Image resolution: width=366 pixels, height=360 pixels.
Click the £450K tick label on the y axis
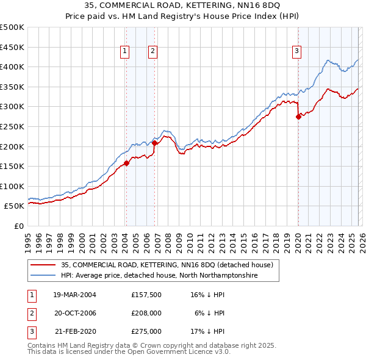click(x=12, y=47)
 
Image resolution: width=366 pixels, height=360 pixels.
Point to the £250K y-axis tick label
click(x=12, y=126)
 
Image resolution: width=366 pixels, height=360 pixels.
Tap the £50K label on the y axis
click(x=15, y=206)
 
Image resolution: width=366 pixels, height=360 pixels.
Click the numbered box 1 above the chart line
click(x=125, y=52)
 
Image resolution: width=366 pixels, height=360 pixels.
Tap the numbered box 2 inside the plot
click(x=152, y=52)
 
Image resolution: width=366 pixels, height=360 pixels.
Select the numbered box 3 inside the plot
click(x=296, y=52)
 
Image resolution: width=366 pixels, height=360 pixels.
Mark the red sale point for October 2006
click(x=155, y=143)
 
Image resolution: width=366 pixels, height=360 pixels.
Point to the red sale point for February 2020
click(x=298, y=117)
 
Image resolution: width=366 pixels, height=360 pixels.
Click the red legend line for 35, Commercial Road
click(x=44, y=265)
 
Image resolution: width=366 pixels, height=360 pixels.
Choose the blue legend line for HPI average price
click(x=44, y=276)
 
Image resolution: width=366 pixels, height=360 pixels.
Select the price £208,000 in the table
click(x=146, y=313)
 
